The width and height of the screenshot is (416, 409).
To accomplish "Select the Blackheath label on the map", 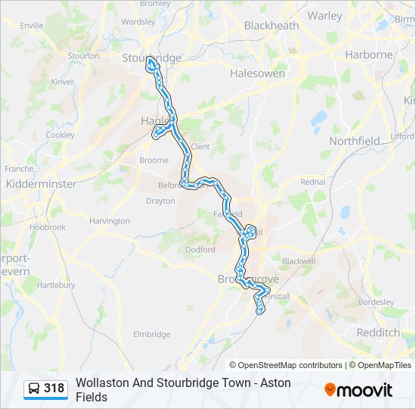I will tap(271, 26).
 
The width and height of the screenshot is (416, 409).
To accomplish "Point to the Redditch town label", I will tap(377, 333).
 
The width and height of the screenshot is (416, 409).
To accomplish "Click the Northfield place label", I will tap(354, 141).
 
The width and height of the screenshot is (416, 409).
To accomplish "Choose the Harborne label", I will tap(368, 55).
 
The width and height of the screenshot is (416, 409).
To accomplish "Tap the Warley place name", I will tap(325, 15).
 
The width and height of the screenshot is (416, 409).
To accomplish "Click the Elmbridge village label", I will tap(151, 334).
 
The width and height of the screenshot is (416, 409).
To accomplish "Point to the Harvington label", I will tap(110, 221).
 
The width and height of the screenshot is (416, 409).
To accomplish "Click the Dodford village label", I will tap(200, 249).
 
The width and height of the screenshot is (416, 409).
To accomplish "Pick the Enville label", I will tap(32, 25).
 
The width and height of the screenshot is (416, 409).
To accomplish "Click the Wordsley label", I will tap(138, 22).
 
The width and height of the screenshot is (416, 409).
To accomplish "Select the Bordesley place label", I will tap(377, 301).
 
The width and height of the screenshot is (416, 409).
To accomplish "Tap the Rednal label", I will tap(312, 182).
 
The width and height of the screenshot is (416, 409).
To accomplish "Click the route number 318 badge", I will tap(54, 389).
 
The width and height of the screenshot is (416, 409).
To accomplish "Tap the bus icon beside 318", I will tap(34, 389).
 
